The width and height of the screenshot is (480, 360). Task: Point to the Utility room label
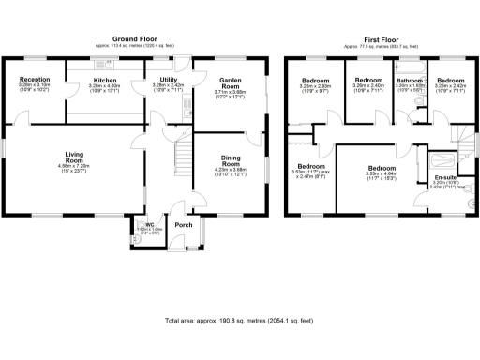click(169, 81)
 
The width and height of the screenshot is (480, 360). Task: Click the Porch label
click(184, 225)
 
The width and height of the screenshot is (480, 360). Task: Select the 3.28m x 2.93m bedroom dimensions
click(313, 87)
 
